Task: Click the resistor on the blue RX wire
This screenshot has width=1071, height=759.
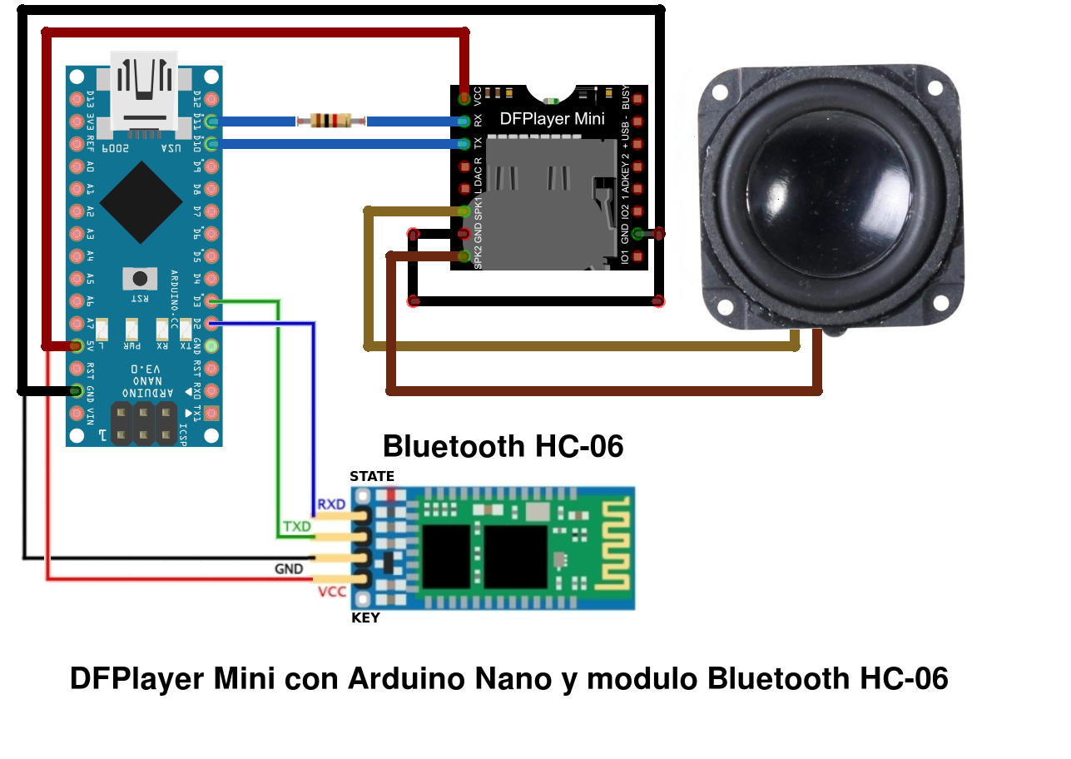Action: (x=330, y=122)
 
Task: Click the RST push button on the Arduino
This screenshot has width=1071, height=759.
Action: (x=140, y=278)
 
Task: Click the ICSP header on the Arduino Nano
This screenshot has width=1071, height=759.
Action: (x=144, y=423)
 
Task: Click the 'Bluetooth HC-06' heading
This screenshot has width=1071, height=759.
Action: (x=503, y=447)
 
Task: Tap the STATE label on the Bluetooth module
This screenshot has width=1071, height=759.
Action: (x=372, y=477)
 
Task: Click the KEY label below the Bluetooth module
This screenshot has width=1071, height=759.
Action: (x=365, y=618)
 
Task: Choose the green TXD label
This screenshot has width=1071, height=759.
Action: (x=297, y=527)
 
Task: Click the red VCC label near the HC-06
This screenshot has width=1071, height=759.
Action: (x=333, y=592)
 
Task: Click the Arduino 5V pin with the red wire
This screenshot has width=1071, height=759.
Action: (x=77, y=345)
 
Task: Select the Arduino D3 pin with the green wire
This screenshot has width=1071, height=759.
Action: (x=211, y=300)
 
